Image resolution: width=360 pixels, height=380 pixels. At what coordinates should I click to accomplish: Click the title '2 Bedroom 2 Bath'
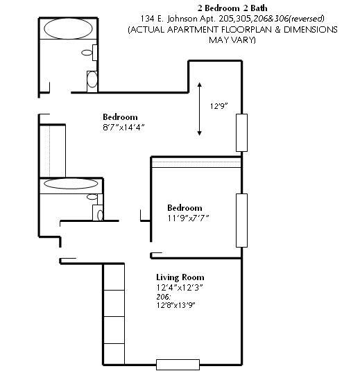coord(232,8)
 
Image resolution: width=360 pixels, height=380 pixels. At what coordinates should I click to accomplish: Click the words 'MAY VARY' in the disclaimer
coord(232,40)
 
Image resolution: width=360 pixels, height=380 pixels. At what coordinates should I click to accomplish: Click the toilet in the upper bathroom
coord(92,80)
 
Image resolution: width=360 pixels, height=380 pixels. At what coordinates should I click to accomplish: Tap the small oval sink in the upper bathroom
coord(87,52)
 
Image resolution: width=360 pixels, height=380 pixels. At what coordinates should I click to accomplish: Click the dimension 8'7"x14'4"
coord(123,128)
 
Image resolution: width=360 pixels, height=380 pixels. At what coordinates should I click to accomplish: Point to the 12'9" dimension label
coord(219,107)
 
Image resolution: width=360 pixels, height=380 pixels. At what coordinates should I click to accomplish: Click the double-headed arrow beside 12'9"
coord(200,108)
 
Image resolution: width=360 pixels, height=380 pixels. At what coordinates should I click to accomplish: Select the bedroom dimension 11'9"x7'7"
coord(187,218)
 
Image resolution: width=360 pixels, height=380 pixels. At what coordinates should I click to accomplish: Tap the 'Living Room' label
coord(180,277)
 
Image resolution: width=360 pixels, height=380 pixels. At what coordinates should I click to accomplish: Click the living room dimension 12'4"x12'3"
coord(180,287)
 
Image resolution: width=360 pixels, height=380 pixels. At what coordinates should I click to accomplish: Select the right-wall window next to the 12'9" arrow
coord(241,132)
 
